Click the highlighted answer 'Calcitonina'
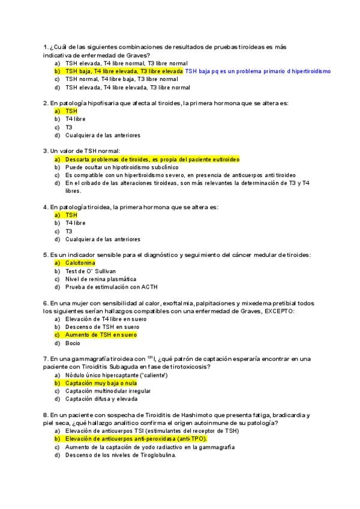[80, 263]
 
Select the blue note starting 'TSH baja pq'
[258, 71]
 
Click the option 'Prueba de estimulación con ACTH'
[111, 287]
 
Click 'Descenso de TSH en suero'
[98, 327]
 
